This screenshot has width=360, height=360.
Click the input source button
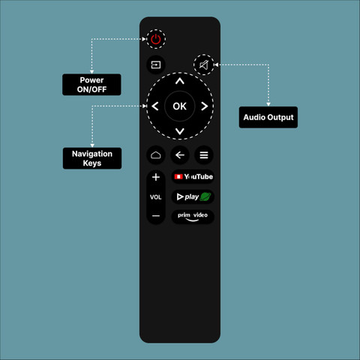tap(156, 65)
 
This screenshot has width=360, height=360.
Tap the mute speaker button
tap(204, 65)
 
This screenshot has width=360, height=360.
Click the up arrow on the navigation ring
tap(180, 81)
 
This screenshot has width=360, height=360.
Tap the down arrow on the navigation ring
tap(180, 131)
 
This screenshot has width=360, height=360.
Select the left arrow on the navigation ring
tap(155, 106)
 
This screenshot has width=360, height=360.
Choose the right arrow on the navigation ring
tap(205, 106)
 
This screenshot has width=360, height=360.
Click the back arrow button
tap(180, 155)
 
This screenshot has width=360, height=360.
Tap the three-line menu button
tap(204, 155)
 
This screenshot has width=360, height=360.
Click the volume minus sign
tap(156, 216)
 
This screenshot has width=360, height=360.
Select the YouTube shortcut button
tap(193, 177)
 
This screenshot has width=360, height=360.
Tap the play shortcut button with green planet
tap(193, 196)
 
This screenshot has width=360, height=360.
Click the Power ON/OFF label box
tap(91, 85)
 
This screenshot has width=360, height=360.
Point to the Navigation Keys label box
tap(92, 158)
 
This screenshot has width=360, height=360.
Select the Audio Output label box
tap(268, 117)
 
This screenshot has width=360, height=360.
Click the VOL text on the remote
tap(155, 197)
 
